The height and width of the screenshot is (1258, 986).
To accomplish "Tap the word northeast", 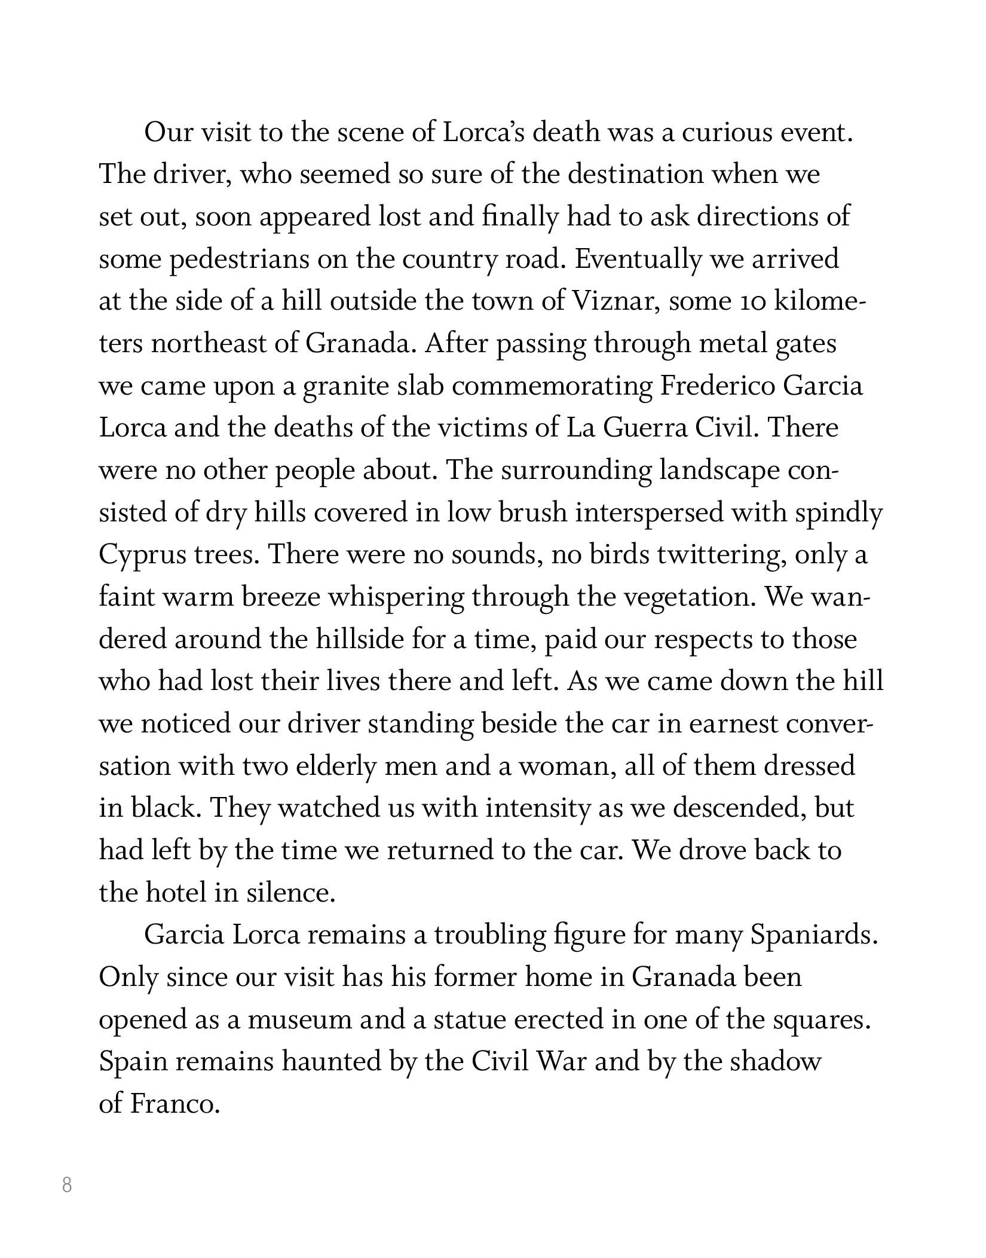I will pyautogui.click(x=209, y=344).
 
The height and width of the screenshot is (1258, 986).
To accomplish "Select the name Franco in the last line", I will pyautogui.click(x=172, y=1105).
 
